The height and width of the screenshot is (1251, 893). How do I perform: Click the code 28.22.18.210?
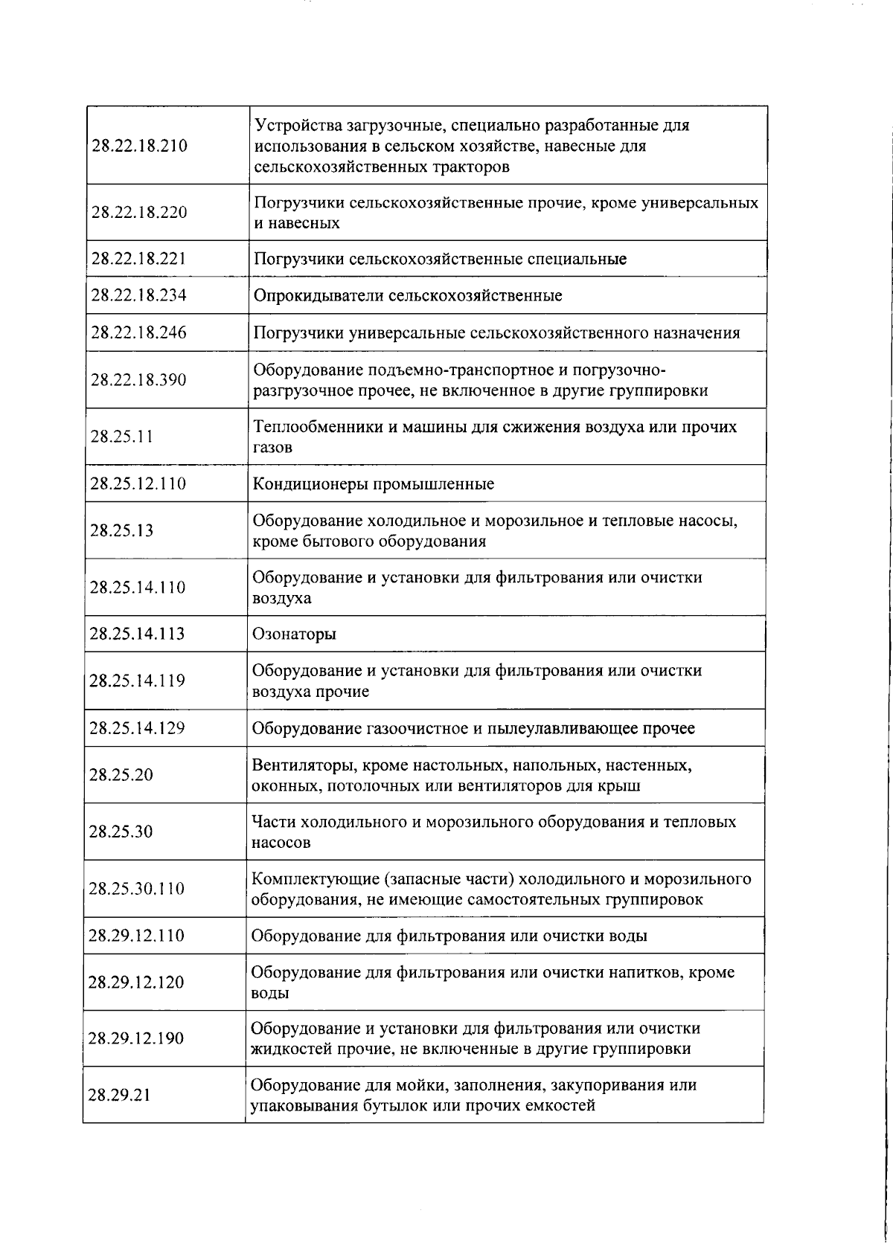(139, 146)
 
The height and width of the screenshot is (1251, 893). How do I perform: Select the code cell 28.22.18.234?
(138, 296)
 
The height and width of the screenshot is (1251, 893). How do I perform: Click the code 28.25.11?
(121, 437)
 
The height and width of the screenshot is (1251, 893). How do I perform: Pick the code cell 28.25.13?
(121, 531)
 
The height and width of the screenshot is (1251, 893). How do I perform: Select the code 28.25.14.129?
(137, 728)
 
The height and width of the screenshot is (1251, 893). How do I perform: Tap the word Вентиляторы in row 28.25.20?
(295, 765)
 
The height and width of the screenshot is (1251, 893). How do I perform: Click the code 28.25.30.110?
(136, 889)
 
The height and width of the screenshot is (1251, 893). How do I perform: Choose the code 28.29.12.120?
(136, 983)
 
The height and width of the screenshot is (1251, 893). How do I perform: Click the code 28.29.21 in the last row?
(120, 1095)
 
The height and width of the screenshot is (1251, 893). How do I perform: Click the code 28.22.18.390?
(138, 380)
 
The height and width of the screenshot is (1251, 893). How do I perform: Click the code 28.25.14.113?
(137, 634)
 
